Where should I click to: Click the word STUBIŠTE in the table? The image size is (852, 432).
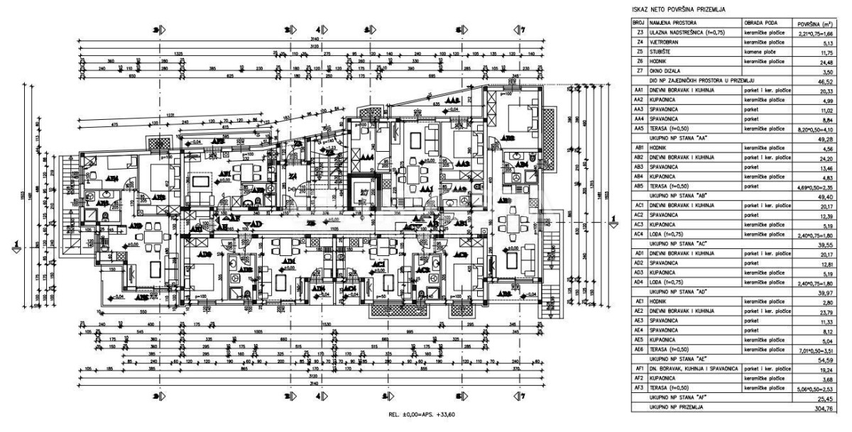[659, 52]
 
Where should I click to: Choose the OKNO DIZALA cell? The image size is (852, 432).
[662, 71]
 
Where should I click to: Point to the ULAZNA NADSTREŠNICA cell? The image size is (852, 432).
[682, 33]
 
